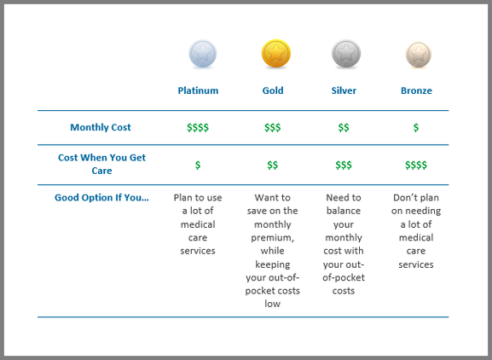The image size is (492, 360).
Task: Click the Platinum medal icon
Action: coord(202,55)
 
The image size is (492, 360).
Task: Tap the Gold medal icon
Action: coord(275,55)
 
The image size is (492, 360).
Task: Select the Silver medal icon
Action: coord(344,55)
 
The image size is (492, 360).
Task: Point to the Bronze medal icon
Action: coord(417,55)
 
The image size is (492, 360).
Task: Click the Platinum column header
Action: coord(198,90)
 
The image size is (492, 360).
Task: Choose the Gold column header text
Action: coord(273,90)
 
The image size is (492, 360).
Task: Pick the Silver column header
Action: coord(344,90)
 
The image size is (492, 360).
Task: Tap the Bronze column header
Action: coord(416,90)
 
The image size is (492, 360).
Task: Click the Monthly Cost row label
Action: coord(101,127)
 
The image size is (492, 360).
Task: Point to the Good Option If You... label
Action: coord(101,198)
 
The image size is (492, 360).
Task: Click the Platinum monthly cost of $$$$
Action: coord(198,128)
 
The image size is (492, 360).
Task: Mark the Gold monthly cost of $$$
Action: coord(273,128)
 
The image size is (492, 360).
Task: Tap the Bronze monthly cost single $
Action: coord(416,128)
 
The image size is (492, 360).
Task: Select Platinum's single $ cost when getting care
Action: coord(198,165)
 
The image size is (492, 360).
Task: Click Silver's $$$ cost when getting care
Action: coord(344,165)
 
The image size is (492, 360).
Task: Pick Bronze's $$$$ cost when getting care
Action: coord(416,165)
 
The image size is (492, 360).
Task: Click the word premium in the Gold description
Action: coord(273,238)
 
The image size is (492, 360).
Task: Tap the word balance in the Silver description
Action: coord(344,224)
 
